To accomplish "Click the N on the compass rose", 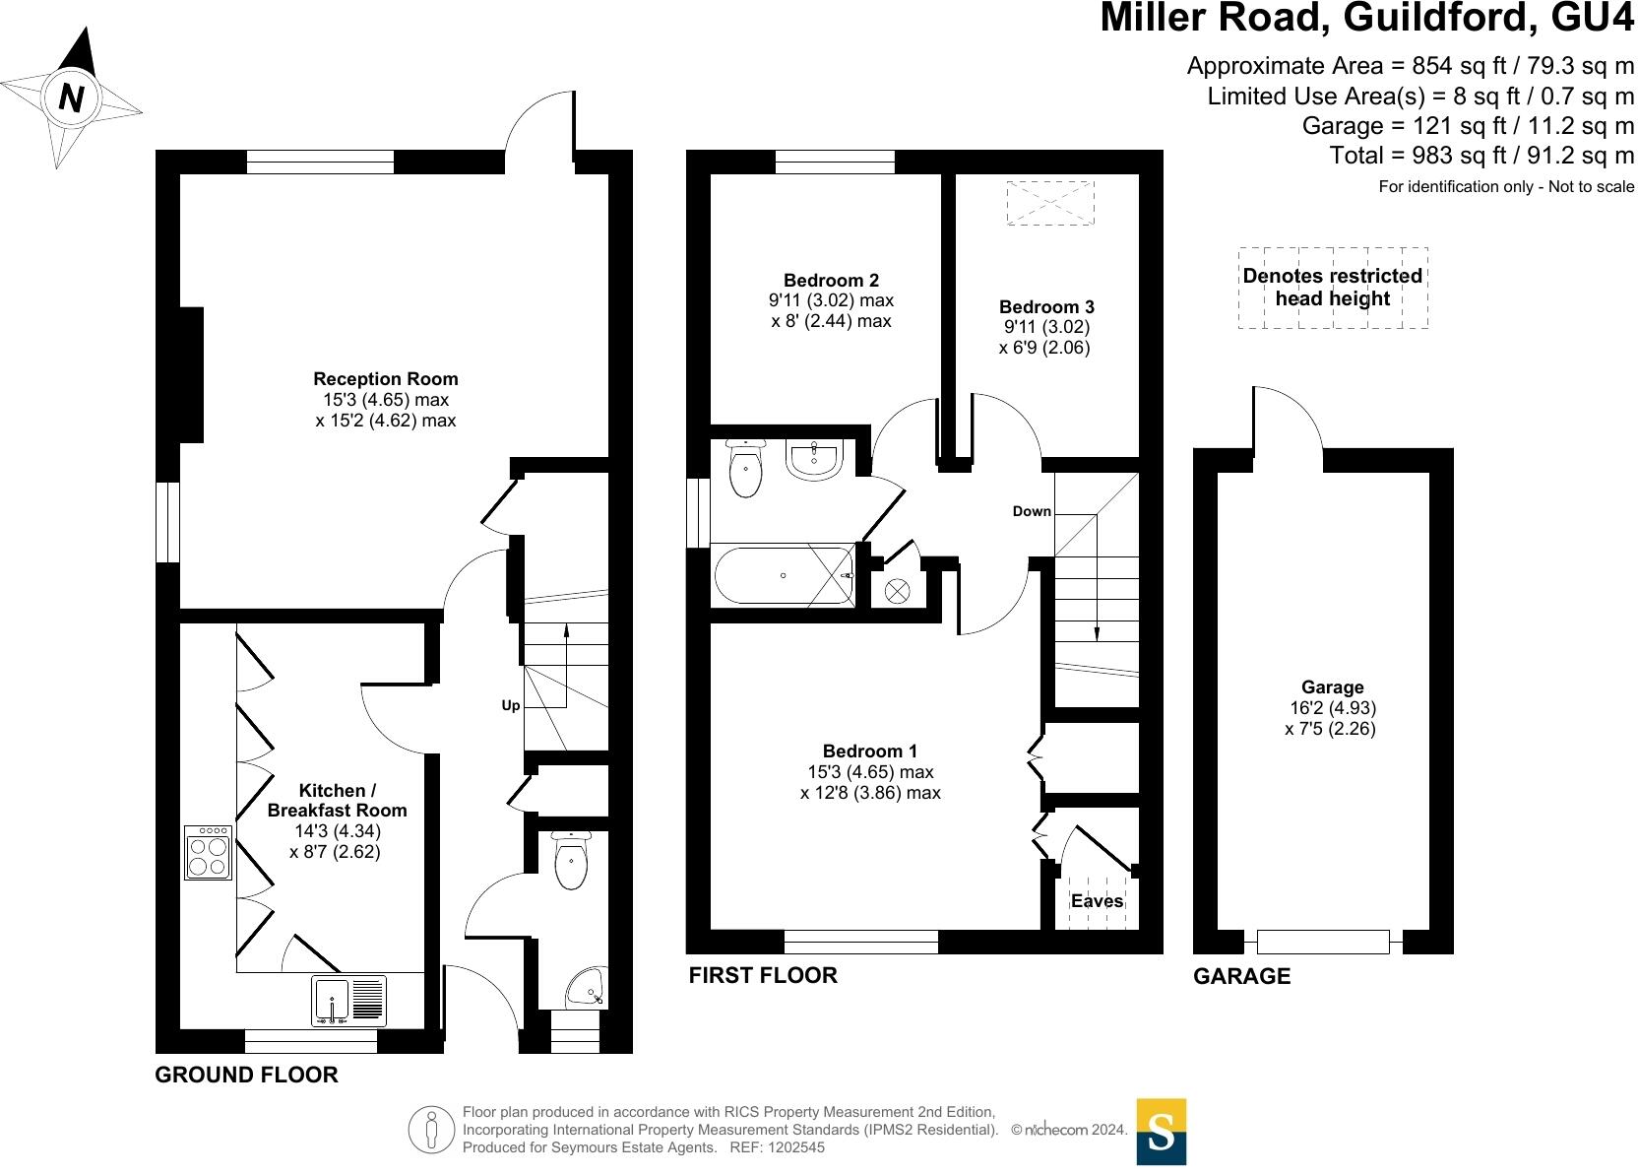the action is [x=71, y=98].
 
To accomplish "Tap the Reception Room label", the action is [x=385, y=378].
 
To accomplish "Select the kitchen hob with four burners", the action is [x=209, y=853].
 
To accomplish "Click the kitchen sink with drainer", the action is [x=348, y=1001].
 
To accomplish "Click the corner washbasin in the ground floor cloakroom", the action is [x=587, y=988].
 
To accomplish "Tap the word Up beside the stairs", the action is [x=511, y=705].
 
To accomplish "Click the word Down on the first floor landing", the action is [x=1032, y=511].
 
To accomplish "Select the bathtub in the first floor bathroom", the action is [x=784, y=575].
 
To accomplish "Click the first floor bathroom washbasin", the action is [x=815, y=459].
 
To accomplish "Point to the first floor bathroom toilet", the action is [x=745, y=468].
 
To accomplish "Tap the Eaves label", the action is [x=1097, y=901].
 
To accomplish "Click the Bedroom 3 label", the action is [x=1046, y=306].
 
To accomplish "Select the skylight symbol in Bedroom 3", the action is [x=1050, y=203].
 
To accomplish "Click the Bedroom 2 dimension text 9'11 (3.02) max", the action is [x=831, y=300].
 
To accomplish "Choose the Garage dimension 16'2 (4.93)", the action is [x=1332, y=707].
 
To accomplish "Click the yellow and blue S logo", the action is [x=1162, y=1132].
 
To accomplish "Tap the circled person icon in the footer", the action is [x=431, y=1129].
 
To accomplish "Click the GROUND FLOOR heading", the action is [x=246, y=1075].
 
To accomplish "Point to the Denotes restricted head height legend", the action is [x=1332, y=288].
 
